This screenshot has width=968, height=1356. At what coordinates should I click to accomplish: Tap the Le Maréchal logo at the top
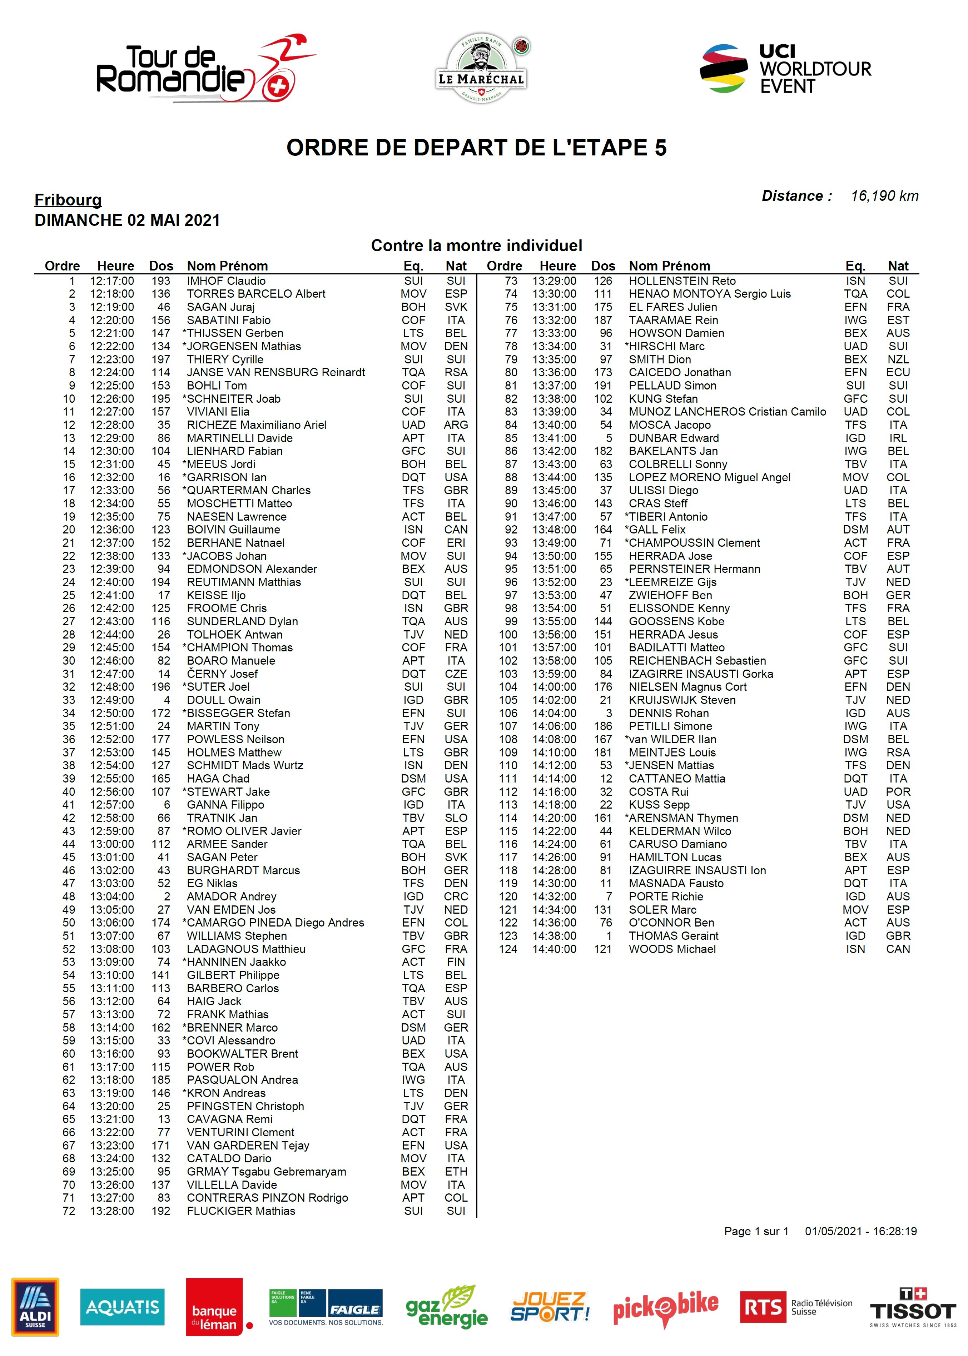click(482, 69)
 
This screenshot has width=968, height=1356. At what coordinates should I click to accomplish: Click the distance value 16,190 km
click(884, 196)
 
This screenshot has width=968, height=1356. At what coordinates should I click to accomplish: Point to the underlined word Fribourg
click(68, 200)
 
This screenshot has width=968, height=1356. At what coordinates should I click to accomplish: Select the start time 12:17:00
click(112, 281)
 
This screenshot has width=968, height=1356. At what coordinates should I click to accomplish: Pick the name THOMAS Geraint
click(674, 936)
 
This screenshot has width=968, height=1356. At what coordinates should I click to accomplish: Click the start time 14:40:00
click(554, 949)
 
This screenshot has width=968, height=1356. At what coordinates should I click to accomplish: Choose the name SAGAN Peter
click(222, 857)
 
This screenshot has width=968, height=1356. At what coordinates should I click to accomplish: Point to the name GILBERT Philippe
click(233, 975)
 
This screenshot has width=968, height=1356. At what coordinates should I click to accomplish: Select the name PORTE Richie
click(666, 896)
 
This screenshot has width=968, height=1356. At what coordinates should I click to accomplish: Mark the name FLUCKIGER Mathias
click(241, 1211)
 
